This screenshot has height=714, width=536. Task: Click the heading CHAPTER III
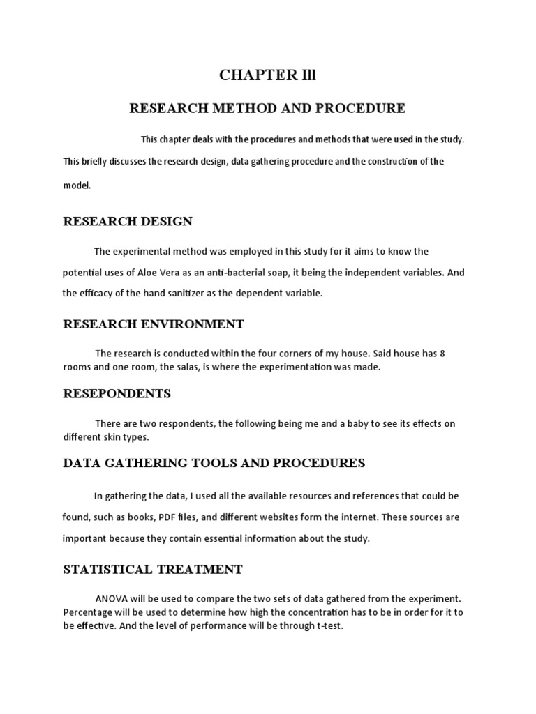(x=267, y=76)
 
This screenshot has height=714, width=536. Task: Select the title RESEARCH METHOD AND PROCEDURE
(x=268, y=108)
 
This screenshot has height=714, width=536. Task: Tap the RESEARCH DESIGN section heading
(x=128, y=221)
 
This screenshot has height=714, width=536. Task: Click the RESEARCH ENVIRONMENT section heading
(x=154, y=324)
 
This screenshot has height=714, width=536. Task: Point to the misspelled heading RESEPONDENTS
(x=117, y=393)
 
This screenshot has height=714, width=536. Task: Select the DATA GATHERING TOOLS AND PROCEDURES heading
(x=214, y=463)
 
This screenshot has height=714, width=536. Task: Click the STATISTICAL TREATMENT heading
(x=153, y=570)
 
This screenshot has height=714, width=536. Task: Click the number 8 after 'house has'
(x=442, y=354)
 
